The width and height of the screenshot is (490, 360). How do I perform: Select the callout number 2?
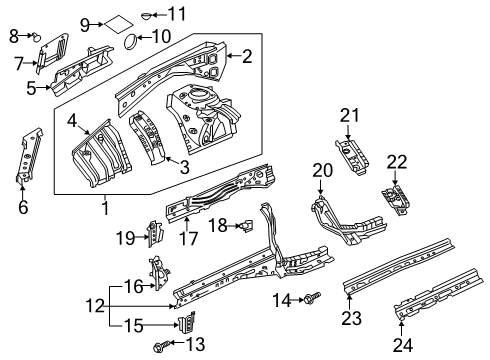coord(247,57)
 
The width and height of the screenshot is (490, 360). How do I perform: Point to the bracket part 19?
coord(155,234)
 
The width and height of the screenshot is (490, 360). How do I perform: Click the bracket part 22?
coord(396,198)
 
